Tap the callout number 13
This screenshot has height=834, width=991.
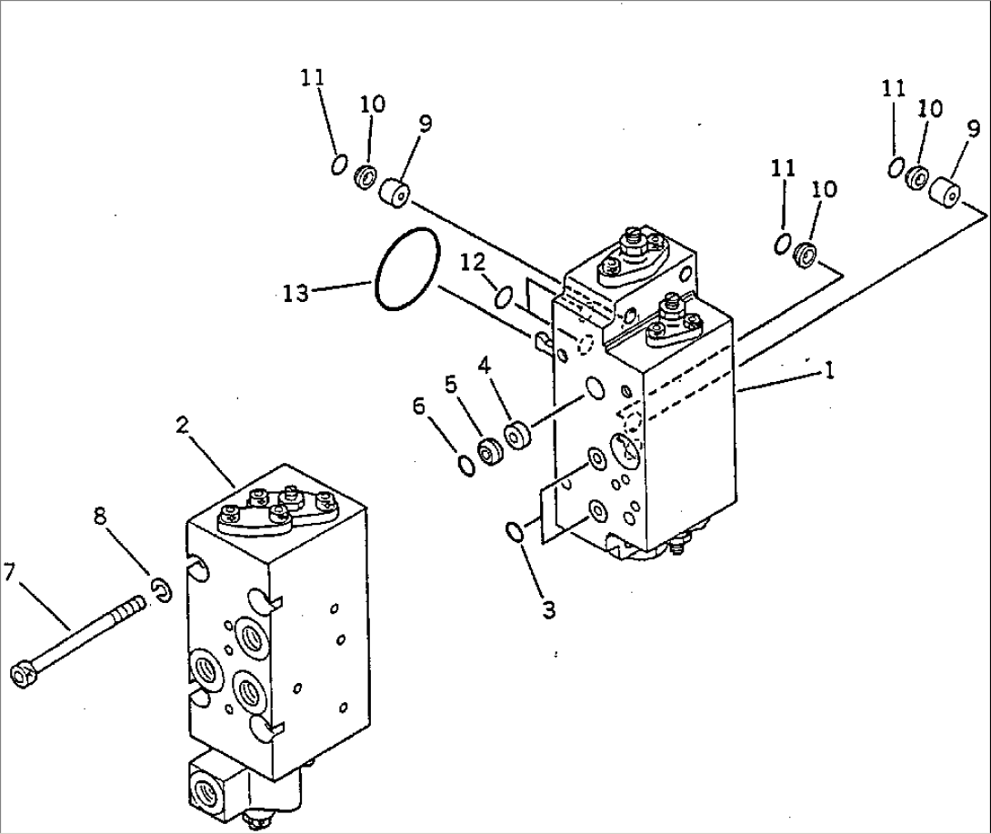296,293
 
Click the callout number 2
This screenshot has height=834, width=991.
183,424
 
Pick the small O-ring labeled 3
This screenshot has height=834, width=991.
516,532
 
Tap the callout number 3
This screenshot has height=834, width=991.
547,610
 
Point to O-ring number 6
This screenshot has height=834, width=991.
466,466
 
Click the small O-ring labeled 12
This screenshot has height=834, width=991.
504,296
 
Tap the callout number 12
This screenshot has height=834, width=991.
472,263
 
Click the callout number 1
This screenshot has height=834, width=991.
827,371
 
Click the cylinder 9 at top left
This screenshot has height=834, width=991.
393,193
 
